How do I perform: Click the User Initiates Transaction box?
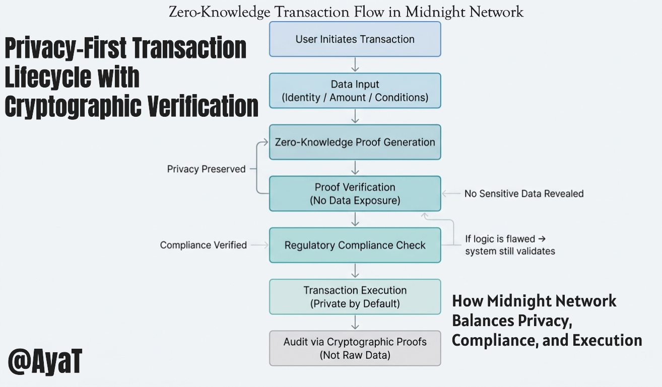point(355,39)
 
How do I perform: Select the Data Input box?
point(355,91)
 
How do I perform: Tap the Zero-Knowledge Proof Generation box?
point(355,142)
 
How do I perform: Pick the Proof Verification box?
point(355,193)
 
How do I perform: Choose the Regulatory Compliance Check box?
point(355,245)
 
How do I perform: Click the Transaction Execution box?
point(355,296)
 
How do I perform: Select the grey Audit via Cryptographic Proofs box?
point(355,348)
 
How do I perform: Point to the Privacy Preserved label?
point(206,169)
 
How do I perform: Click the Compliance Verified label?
point(203,245)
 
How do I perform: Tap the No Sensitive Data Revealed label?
point(524,193)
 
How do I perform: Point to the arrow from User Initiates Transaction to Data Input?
point(355,64)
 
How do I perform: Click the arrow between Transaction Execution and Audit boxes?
point(355,322)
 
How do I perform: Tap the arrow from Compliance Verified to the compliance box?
point(259,245)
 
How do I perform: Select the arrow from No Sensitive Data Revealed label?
point(451,193)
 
